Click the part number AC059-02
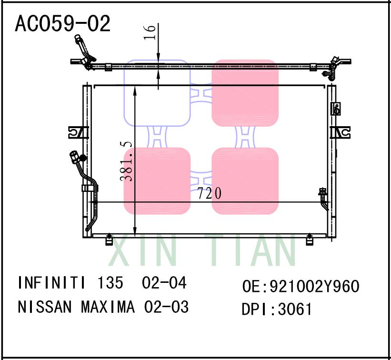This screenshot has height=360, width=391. tap(63, 23)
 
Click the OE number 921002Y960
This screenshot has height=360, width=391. tap(314, 287)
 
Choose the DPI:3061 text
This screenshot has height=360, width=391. tap(277, 310)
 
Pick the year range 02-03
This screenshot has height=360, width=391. tap(167, 307)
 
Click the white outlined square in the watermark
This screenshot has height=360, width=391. tap(157, 93)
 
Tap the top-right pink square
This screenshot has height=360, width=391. tap(245, 93)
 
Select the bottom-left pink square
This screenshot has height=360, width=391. tap(157, 181)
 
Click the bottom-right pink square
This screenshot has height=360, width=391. tap(245, 181)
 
